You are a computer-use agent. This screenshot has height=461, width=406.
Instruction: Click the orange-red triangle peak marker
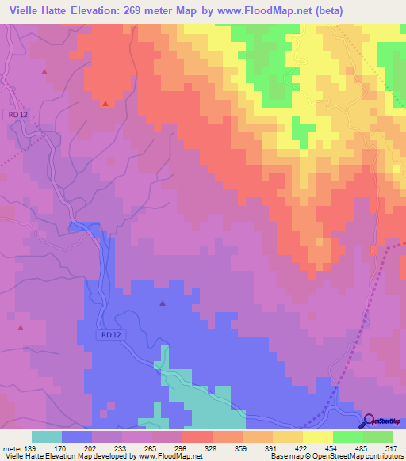point(105,102)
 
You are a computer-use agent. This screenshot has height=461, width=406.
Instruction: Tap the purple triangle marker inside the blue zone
point(163,303)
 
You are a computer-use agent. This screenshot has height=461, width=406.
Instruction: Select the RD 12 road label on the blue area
point(113,335)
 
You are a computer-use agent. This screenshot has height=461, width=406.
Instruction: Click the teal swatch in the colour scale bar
point(47,436)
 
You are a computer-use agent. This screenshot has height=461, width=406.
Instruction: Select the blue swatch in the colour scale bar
point(77,436)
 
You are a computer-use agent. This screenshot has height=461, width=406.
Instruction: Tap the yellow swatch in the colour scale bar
point(317,436)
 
